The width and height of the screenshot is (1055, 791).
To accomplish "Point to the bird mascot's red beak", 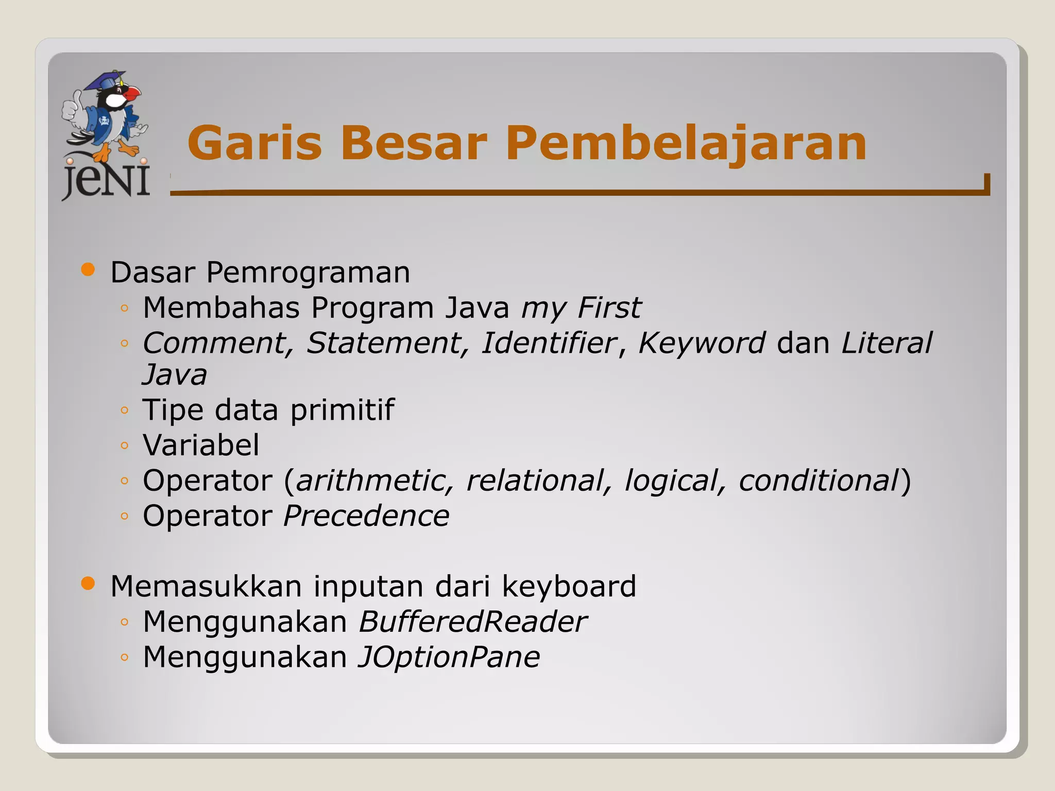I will click(x=133, y=94).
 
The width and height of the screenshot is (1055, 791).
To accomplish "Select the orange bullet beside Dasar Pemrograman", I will click(x=89, y=270).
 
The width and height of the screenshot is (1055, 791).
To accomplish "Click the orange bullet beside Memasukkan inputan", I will click(x=89, y=583).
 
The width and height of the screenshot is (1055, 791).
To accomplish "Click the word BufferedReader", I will click(x=472, y=622).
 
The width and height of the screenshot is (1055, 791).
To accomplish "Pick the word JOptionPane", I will click(x=449, y=657).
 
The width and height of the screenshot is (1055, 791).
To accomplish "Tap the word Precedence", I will click(x=366, y=515).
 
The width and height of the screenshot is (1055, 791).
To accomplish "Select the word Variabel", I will click(x=201, y=445).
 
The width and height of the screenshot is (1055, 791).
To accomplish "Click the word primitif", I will click(x=342, y=410).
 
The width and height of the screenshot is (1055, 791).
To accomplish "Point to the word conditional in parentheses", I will click(x=819, y=480).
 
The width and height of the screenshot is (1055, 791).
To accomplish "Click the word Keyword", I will click(x=702, y=343).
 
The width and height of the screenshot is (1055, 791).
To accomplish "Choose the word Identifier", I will click(x=549, y=343).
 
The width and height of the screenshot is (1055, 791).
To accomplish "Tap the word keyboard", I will click(x=569, y=586).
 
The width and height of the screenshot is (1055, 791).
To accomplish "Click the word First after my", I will click(x=609, y=307).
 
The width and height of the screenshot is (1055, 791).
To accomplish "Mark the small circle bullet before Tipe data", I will click(x=124, y=410).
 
